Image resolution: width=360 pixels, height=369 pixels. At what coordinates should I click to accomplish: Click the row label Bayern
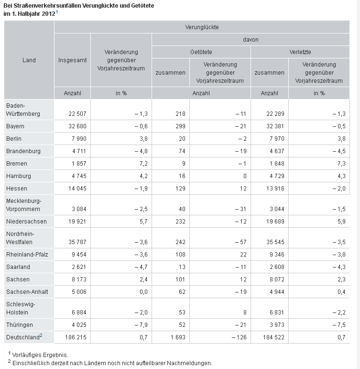(15, 126)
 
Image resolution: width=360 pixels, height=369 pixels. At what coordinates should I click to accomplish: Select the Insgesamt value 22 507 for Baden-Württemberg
(77, 113)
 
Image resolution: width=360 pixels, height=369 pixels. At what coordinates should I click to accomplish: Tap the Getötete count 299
(180, 126)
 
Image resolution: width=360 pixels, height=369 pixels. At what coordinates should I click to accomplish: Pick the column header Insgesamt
(72, 60)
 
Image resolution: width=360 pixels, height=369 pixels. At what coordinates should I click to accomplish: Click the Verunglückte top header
(202, 27)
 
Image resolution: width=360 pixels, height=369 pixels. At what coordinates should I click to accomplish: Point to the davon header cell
(251, 40)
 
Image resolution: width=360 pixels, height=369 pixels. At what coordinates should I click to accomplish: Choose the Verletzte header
(300, 52)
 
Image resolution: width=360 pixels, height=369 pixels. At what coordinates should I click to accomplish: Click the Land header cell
(29, 60)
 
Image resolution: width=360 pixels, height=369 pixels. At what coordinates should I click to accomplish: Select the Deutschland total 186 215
(76, 337)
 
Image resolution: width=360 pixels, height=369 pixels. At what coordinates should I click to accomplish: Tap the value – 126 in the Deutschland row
(239, 337)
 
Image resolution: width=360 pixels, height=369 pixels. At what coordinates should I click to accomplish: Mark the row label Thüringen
(20, 325)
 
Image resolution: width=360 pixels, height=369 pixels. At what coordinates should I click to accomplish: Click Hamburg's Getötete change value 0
(245, 176)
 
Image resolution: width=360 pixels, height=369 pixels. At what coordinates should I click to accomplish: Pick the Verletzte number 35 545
(275, 242)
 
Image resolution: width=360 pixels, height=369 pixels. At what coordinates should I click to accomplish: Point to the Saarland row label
(18, 267)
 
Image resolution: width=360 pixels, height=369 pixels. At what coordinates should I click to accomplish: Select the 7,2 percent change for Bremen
(144, 164)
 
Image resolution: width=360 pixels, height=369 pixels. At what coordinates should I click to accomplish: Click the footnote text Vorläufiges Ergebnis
(40, 355)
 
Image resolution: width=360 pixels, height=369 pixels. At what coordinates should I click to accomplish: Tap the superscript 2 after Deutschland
(41, 335)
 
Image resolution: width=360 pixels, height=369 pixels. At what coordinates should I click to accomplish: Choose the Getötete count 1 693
(178, 337)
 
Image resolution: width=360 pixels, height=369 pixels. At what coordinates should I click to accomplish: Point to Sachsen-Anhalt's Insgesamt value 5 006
(79, 292)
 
